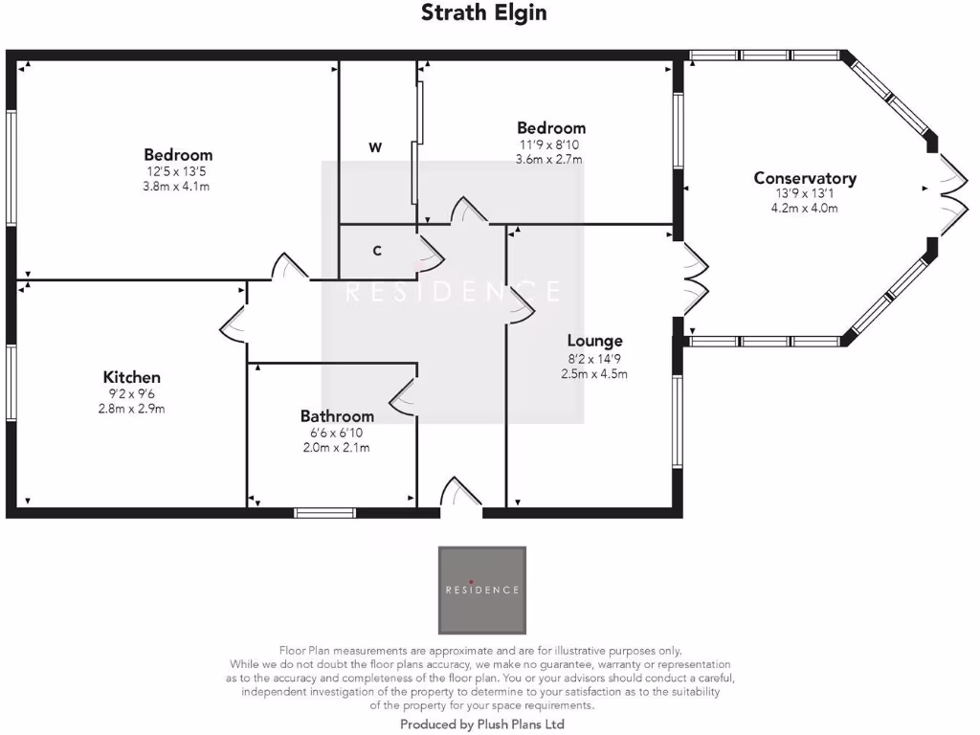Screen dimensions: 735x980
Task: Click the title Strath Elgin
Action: (484, 13)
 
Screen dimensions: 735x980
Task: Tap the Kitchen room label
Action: (132, 377)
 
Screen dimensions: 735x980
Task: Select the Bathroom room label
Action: (337, 416)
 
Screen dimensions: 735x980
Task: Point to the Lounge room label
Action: (594, 341)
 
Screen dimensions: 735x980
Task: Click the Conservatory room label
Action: (805, 178)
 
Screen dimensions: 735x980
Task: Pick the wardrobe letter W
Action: (376, 147)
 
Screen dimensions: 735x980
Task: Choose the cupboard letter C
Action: (377, 251)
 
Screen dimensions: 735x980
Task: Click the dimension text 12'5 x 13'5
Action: (178, 171)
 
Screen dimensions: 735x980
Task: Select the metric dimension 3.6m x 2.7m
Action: (550, 159)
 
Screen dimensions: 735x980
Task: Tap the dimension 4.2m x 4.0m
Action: (806, 207)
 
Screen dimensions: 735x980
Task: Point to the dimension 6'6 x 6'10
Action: (336, 433)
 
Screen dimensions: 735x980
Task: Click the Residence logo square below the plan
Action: (482, 590)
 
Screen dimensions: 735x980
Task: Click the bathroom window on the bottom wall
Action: (324, 513)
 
